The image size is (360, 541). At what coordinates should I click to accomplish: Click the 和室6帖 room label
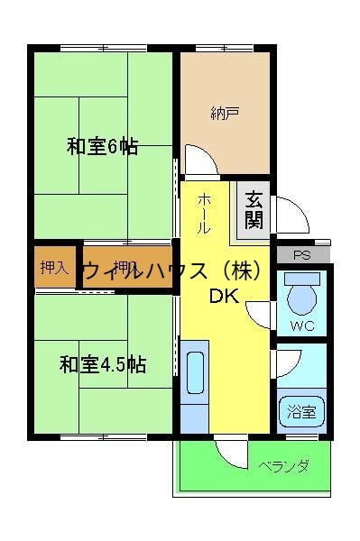102,146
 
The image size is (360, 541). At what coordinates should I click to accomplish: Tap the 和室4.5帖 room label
103,365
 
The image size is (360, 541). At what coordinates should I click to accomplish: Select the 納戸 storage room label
224,113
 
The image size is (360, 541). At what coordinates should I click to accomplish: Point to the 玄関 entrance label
254,210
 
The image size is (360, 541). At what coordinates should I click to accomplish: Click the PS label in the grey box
300,254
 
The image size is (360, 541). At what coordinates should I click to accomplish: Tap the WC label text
302,326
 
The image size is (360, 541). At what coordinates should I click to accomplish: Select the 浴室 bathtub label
301,413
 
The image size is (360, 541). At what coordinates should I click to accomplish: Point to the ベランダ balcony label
283,466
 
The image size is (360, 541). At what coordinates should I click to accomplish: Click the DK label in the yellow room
225,298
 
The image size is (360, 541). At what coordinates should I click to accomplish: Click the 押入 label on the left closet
54,268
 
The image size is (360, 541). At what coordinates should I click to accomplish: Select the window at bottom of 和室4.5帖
101,437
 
